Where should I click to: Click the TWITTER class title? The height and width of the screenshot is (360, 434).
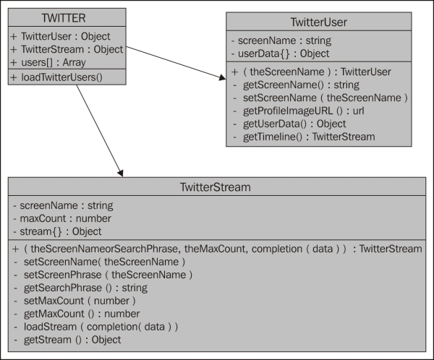[x=64, y=18]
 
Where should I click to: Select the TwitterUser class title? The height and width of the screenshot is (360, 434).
[x=318, y=22]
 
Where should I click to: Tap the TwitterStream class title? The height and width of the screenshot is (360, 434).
[x=216, y=187]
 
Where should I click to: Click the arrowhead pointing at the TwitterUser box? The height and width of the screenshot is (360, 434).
[x=223, y=77]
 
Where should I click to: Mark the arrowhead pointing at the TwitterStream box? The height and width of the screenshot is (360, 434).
[x=120, y=173]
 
